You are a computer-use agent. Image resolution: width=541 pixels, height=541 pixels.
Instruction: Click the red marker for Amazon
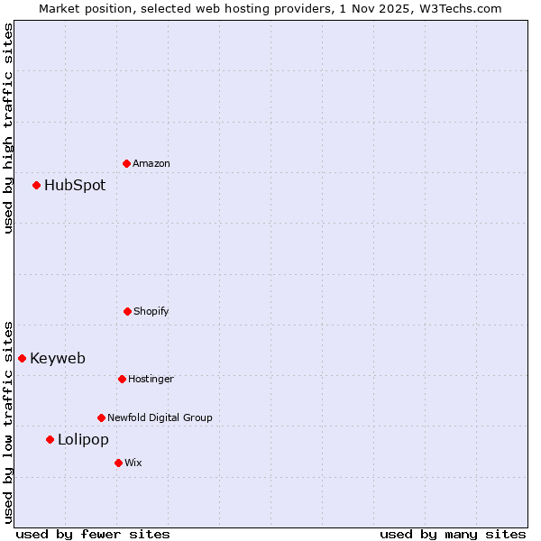[x=126, y=163]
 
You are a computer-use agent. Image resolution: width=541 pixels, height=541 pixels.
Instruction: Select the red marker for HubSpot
[x=36, y=185]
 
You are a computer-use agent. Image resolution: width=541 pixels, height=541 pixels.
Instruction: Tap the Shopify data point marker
[x=127, y=311]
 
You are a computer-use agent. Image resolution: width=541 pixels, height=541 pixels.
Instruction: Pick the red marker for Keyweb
[x=22, y=358]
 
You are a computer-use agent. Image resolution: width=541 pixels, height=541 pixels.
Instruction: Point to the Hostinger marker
[x=122, y=379]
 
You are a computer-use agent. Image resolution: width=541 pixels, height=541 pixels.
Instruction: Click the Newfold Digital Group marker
[x=101, y=417]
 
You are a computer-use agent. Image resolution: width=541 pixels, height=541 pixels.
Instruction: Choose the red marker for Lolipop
[x=50, y=439]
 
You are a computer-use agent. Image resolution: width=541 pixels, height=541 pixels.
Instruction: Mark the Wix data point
[x=118, y=463]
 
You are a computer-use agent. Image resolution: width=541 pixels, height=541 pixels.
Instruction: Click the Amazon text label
[x=151, y=163]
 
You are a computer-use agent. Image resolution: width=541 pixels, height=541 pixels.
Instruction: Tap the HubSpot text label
[x=75, y=185]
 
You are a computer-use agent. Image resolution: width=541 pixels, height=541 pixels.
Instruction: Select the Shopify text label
[x=151, y=311]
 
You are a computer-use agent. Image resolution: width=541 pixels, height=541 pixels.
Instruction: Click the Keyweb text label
[x=58, y=358]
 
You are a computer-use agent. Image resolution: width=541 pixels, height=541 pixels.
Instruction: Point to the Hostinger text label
[x=151, y=379]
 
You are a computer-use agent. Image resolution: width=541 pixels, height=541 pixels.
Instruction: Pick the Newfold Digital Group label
[x=160, y=417]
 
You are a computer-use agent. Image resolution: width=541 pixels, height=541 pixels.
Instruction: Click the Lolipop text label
[x=83, y=439]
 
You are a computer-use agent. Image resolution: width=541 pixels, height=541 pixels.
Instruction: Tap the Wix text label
[x=133, y=463]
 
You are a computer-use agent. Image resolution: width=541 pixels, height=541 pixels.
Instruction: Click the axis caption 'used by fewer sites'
[x=93, y=534]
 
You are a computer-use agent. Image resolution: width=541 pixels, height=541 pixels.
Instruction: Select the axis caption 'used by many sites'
[x=453, y=534]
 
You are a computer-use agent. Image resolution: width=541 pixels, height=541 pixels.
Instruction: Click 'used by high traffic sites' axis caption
[x=8, y=128]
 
